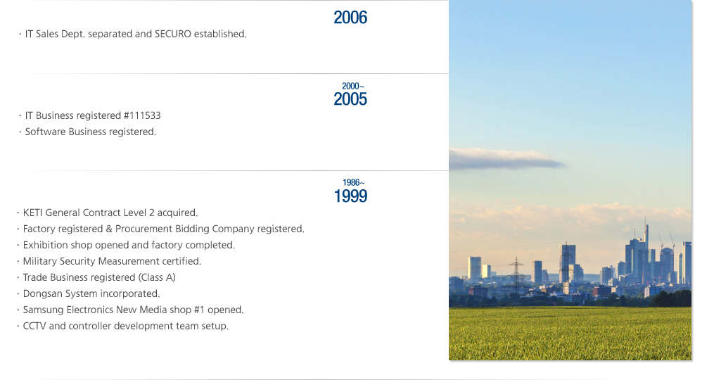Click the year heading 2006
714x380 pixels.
coord(350,18)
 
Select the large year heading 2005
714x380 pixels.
coord(350,99)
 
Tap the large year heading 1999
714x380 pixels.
coord(350,196)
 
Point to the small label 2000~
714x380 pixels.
coord(353,86)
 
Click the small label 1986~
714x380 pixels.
coord(353,183)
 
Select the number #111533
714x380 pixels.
coord(142,115)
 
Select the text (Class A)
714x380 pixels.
coord(157,277)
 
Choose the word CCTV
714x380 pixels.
coord(34,327)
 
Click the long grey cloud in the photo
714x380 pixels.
coord(506,158)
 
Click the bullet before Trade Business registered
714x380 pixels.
coord(18,278)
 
